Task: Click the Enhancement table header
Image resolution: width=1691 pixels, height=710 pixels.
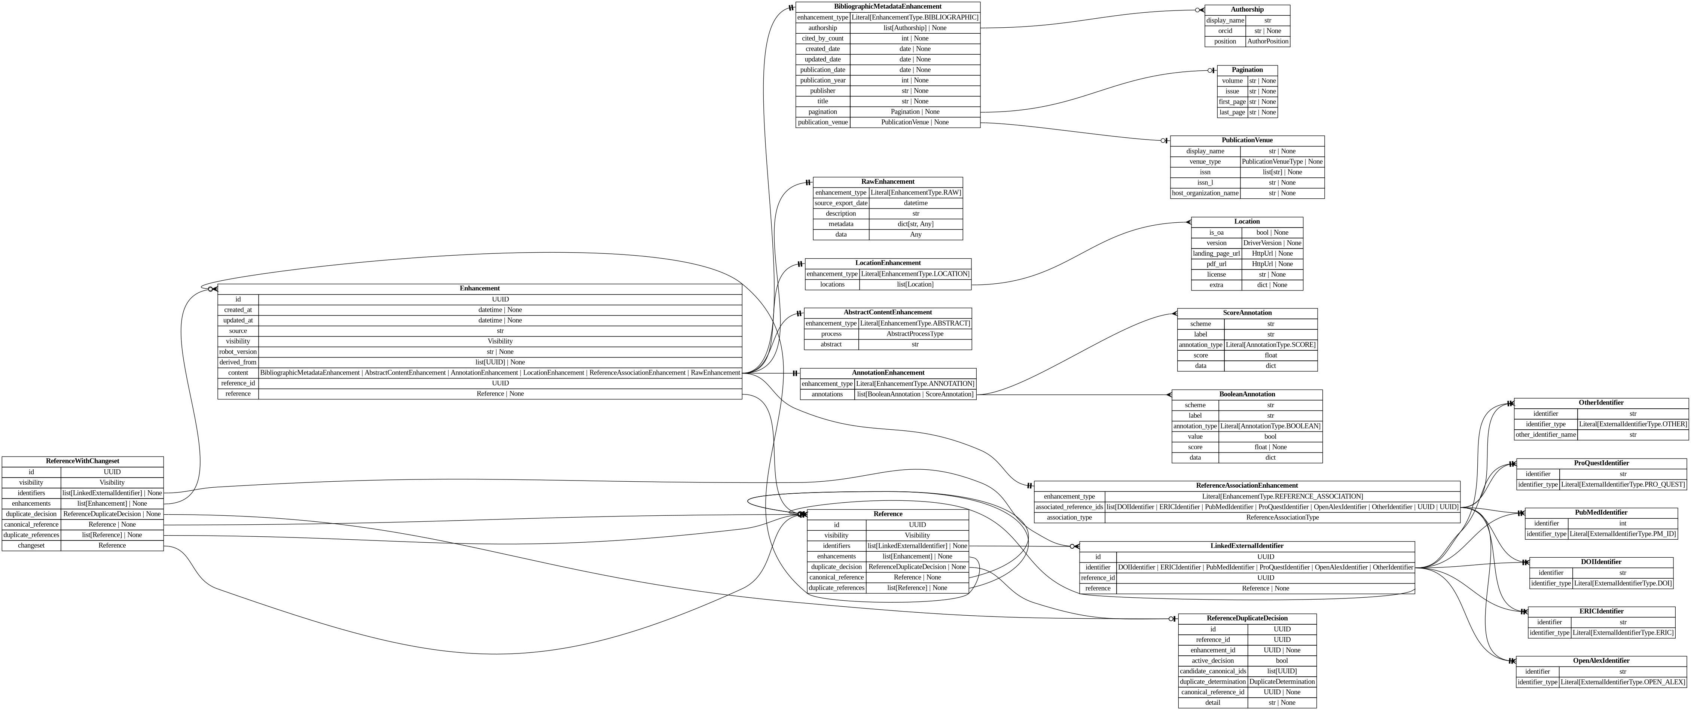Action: (479, 288)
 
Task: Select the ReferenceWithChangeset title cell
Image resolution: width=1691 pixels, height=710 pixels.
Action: (83, 461)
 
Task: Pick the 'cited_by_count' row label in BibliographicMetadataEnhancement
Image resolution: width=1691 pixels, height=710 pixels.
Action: (822, 38)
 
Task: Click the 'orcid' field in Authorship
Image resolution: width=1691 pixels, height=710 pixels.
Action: (1224, 31)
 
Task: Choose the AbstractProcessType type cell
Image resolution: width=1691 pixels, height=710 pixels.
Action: (915, 333)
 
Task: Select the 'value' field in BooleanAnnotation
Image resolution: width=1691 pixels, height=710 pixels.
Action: (1195, 436)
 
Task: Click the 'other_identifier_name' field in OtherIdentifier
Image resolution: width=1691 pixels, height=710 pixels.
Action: (1545, 435)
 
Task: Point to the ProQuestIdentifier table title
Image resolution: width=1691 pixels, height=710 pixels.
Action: (1601, 463)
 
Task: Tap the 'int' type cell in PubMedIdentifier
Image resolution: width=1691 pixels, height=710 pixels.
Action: (1622, 524)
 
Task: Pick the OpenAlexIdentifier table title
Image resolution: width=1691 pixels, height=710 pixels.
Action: (1601, 661)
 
